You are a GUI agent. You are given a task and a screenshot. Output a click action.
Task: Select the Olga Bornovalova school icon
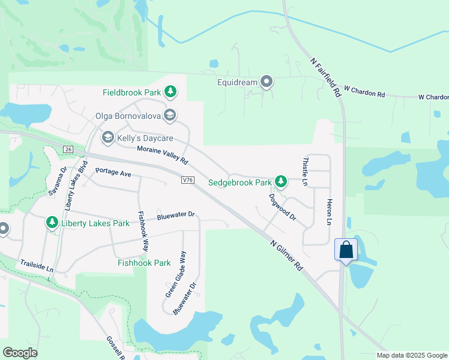pyautogui.click(x=170, y=115)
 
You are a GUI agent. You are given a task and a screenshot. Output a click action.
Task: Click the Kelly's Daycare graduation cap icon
pyautogui.click(x=108, y=138)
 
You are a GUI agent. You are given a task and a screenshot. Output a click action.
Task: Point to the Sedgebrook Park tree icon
pyautogui.click(x=280, y=181)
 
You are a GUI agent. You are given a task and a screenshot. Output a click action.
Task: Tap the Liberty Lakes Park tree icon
pyautogui.click(x=52, y=223)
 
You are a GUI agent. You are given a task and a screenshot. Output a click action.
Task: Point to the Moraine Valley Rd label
pyautogui.click(x=162, y=155)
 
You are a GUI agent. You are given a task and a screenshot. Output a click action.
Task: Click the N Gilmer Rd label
pyautogui.click(x=286, y=254)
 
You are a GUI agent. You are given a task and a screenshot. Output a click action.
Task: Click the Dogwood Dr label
pyautogui.click(x=283, y=206)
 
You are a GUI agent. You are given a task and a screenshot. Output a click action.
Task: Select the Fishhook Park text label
pyautogui.click(x=145, y=263)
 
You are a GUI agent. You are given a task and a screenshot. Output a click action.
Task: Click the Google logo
pyautogui.click(x=20, y=353)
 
